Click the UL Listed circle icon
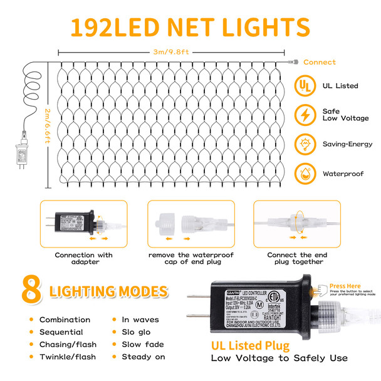pos(306,86)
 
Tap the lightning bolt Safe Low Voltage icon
pos(306,115)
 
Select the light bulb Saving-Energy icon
pos(306,144)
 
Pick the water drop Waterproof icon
pos(306,172)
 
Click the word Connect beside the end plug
pos(320,63)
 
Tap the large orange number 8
pos(31,290)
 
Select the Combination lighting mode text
pos(65,320)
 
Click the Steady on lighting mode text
pos(143,357)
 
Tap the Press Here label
pos(345,285)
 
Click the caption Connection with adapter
pos(83,258)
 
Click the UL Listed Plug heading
pos(250,345)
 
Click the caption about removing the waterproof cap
pos(190,258)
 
